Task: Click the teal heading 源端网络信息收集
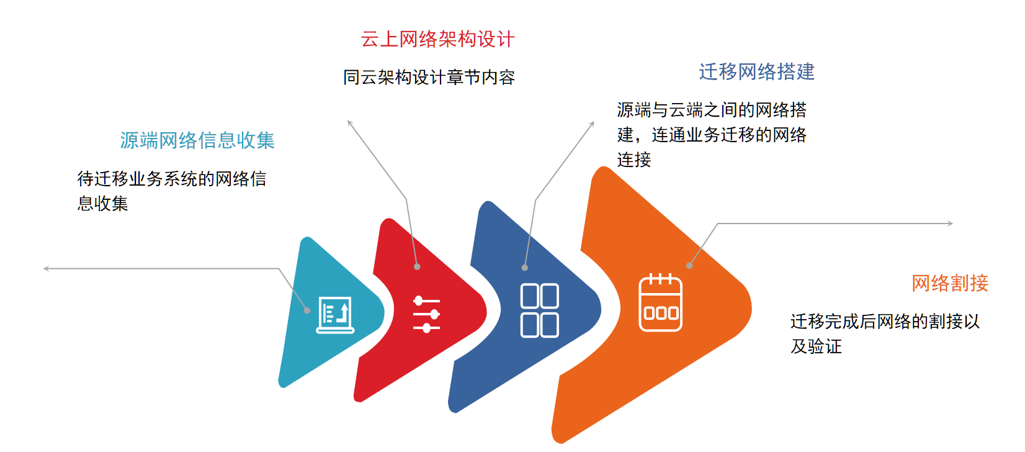pyautogui.click(x=197, y=140)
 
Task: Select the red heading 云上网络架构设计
pyautogui.click(x=437, y=39)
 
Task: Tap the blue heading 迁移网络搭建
pyautogui.click(x=757, y=72)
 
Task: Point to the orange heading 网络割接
pyautogui.click(x=950, y=283)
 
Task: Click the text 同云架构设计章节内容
pyautogui.click(x=429, y=78)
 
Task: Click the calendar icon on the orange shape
pyautogui.click(x=660, y=302)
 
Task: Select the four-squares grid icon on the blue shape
pyautogui.click(x=540, y=310)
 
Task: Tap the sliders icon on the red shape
pyautogui.click(x=426, y=314)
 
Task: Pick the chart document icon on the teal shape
pyautogui.click(x=336, y=315)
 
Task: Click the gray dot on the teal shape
pyautogui.click(x=308, y=310)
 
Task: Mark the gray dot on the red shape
pyautogui.click(x=417, y=266)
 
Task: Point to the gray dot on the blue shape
pyautogui.click(x=525, y=268)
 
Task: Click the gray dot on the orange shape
pyautogui.click(x=689, y=266)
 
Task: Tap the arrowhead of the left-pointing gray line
pyautogui.click(x=45, y=268)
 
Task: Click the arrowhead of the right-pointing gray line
pyautogui.click(x=952, y=224)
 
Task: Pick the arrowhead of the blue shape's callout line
pyautogui.click(x=593, y=122)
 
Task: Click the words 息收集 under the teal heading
pyautogui.click(x=102, y=203)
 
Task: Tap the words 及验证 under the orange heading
pyautogui.click(x=817, y=346)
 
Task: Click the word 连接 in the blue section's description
pyautogui.click(x=633, y=160)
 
